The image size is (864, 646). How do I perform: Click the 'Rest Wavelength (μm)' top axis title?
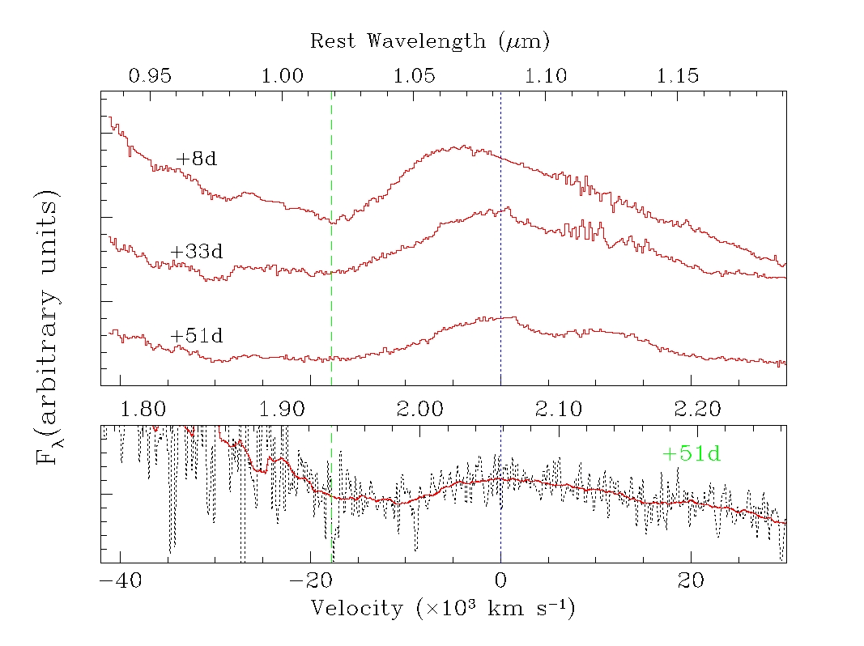[431, 40]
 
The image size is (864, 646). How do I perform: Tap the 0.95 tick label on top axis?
[151, 76]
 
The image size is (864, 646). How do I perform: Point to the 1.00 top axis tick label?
[283, 76]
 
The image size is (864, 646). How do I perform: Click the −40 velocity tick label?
[121, 581]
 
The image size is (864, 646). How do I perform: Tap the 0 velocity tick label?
[500, 581]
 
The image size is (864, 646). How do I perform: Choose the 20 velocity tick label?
[690, 581]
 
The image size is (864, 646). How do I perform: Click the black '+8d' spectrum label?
[196, 159]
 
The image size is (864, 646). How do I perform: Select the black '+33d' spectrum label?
[196, 252]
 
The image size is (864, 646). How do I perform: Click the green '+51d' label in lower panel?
[691, 454]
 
